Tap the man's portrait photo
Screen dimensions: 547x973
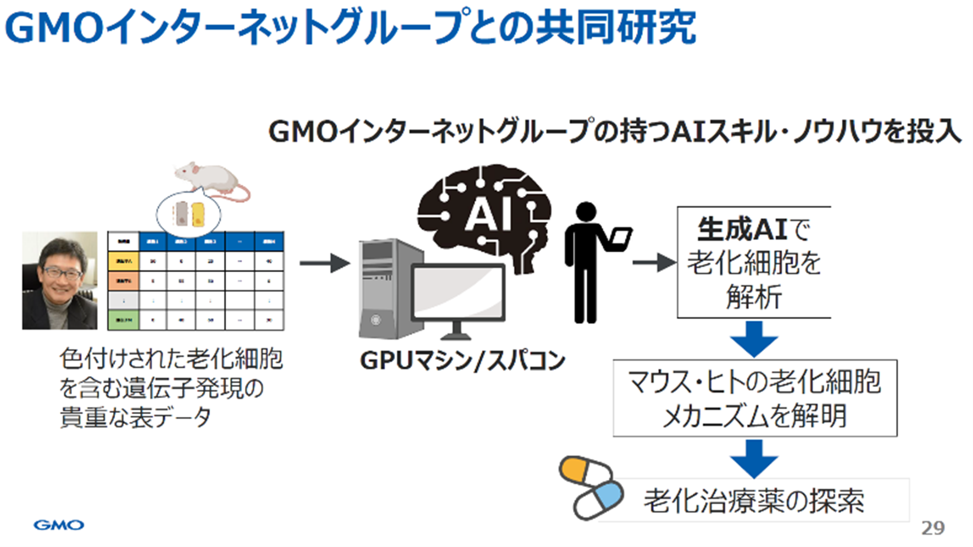59,280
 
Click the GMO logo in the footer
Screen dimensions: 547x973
59,525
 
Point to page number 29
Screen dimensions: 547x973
932,528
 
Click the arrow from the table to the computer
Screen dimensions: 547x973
324,263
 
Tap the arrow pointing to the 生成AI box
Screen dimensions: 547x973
653,263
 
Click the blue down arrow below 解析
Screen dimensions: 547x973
754,338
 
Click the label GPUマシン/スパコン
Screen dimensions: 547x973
462,361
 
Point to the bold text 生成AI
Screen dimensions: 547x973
742,229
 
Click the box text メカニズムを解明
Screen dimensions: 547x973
754,416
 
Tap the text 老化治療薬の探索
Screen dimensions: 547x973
753,501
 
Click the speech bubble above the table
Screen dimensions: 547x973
188,213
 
